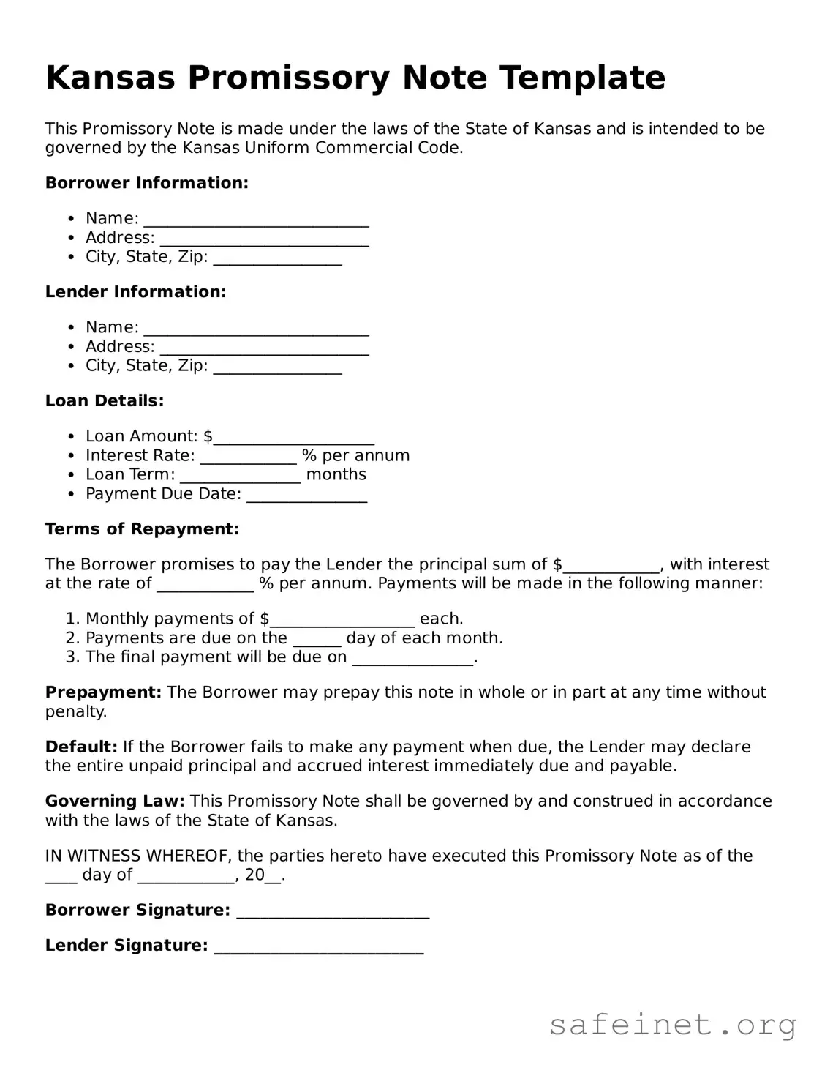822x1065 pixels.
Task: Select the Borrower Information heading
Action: pyautogui.click(x=146, y=183)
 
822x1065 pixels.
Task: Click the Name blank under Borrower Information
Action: pyautogui.click(x=256, y=220)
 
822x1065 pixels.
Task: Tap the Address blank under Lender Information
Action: pyautogui.click(x=264, y=348)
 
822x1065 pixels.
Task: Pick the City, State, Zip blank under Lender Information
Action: pyautogui.click(x=277, y=367)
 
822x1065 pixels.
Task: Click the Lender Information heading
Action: pyautogui.click(x=135, y=292)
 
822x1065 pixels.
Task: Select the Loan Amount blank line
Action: pyautogui.click(x=294, y=437)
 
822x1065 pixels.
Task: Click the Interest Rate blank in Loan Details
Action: pyautogui.click(x=248, y=457)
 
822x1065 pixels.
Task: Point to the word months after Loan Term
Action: pyautogui.click(x=336, y=474)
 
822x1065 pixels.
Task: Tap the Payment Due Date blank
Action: pyautogui.click(x=306, y=495)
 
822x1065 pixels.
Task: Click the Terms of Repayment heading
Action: pyautogui.click(x=142, y=529)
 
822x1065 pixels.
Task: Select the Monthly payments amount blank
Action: pyautogui.click(x=342, y=620)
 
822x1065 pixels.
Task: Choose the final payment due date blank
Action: pyautogui.click(x=413, y=658)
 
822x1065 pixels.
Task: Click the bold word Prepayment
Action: pyautogui.click(x=103, y=692)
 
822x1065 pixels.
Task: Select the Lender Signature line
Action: pyautogui.click(x=319, y=946)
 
